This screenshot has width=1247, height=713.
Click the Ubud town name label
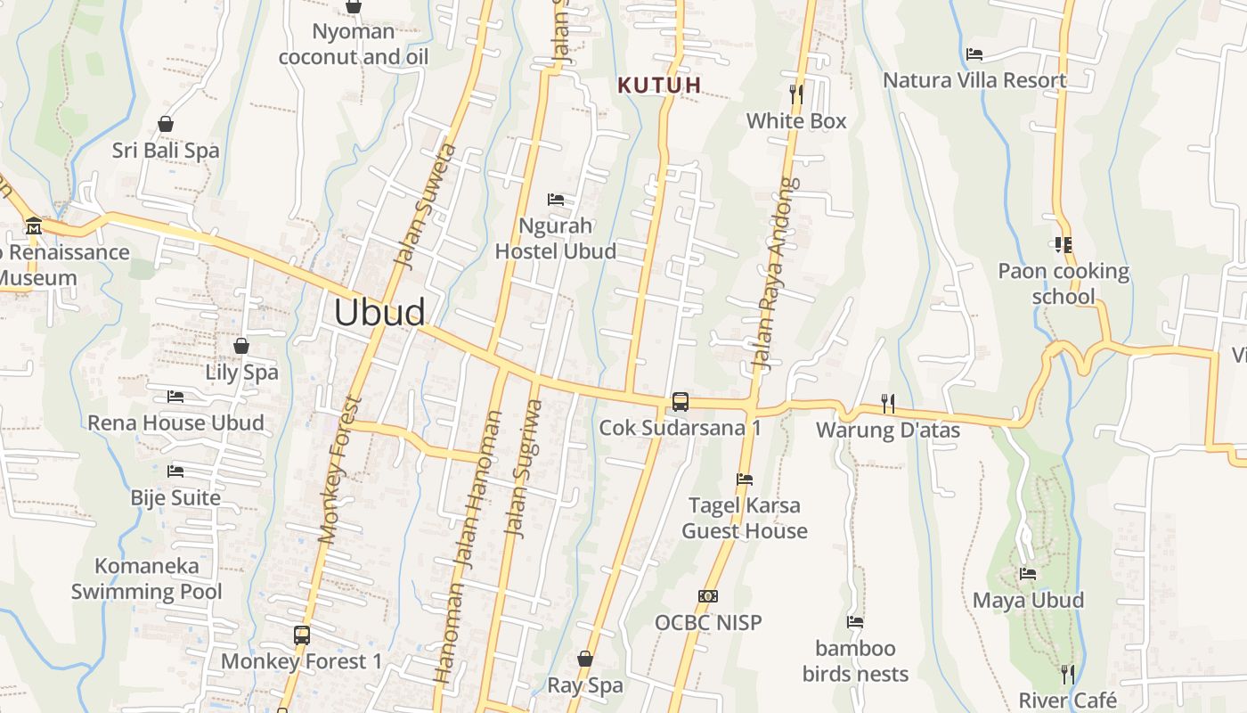tap(380, 313)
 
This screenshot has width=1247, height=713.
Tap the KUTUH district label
tap(660, 86)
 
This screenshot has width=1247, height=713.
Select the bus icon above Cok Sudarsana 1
tap(681, 401)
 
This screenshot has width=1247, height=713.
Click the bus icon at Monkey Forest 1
tap(302, 635)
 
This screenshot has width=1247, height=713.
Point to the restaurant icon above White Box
tap(796, 93)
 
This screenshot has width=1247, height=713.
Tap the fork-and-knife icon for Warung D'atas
tap(887, 404)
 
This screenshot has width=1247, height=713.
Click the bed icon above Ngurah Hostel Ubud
tap(556, 199)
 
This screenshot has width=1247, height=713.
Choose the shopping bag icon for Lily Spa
tap(241, 346)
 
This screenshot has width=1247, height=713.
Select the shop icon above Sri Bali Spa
tap(165, 124)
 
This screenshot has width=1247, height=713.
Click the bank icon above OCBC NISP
tap(708, 595)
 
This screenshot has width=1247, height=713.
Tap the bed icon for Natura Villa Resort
tap(974, 53)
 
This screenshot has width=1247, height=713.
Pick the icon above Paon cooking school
tap(1063, 243)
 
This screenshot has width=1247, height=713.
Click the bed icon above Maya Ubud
tap(1028, 574)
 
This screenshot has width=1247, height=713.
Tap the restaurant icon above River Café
tap(1067, 673)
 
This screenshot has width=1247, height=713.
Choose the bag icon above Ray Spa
tap(585, 659)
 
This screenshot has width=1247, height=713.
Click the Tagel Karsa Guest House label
tap(745, 518)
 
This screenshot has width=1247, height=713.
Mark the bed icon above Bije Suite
tap(175, 471)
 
